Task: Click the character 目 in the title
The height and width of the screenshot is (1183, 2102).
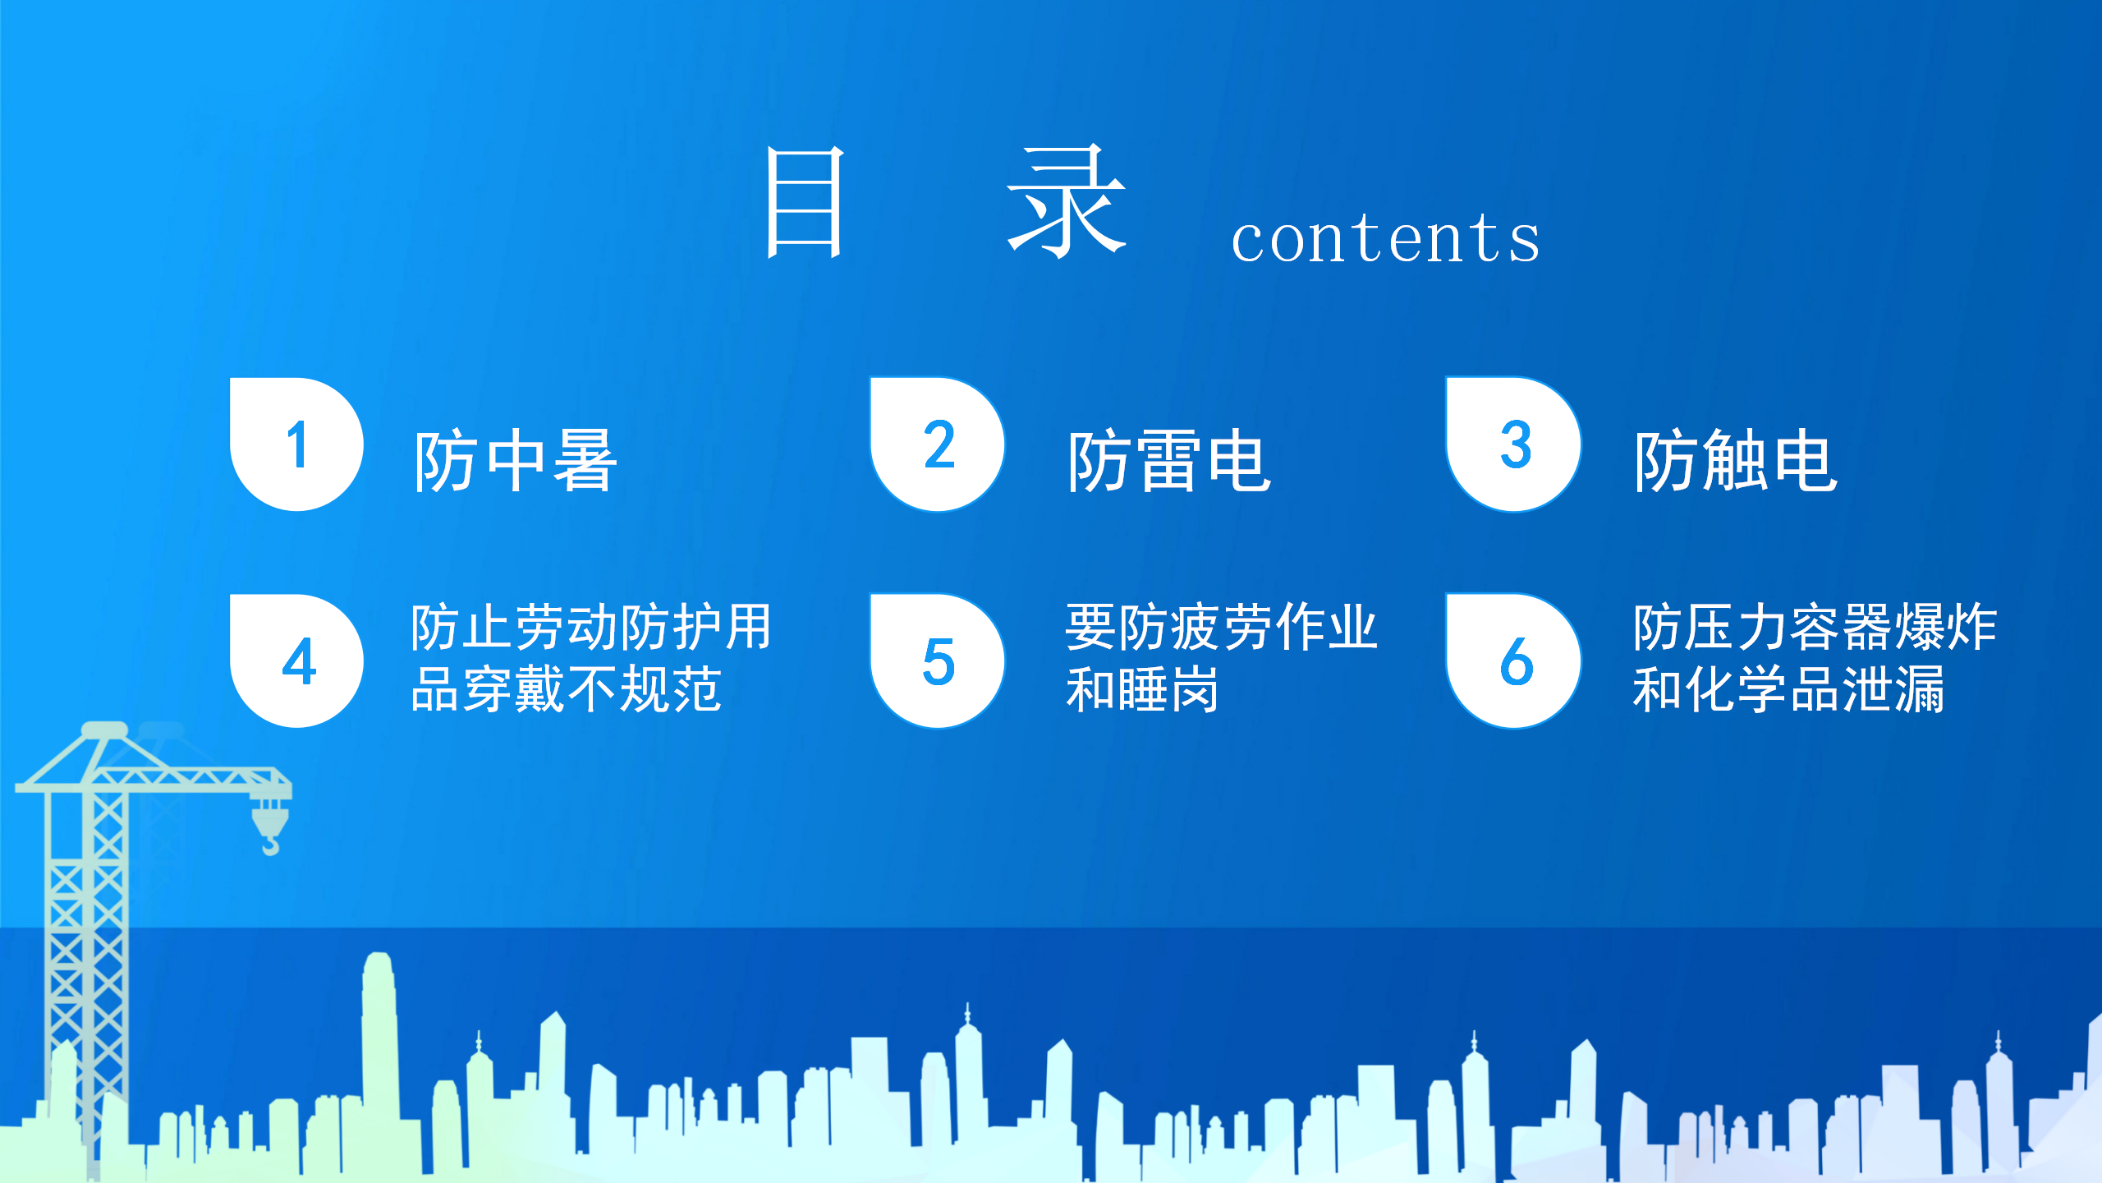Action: (805, 202)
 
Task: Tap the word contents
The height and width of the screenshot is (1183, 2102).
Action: (1386, 238)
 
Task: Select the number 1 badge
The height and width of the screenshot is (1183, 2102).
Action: (296, 444)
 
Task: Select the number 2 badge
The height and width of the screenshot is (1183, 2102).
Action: (938, 444)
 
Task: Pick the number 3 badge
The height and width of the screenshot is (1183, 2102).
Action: (1514, 444)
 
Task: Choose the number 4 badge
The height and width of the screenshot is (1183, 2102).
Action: (296, 661)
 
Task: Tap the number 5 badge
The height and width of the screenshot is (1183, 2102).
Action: (938, 661)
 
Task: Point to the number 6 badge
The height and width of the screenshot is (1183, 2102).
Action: (1514, 661)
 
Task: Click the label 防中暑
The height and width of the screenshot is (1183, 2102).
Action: (515, 461)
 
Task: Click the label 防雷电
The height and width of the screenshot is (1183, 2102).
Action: (1169, 461)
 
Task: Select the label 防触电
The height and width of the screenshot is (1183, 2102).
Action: (1736, 460)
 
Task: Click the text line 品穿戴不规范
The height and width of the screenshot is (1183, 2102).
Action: (566, 688)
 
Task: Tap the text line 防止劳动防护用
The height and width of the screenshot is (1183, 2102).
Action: (591, 627)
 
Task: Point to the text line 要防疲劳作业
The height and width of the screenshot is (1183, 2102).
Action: (1222, 627)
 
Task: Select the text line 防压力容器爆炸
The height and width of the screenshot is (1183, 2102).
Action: (1815, 627)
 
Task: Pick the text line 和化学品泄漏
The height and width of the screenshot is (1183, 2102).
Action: (1789, 688)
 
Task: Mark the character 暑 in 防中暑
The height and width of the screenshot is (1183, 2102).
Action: (585, 461)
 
